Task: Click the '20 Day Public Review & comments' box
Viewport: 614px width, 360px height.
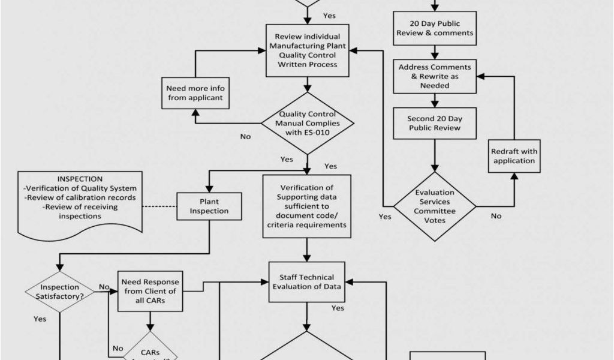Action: coord(435,28)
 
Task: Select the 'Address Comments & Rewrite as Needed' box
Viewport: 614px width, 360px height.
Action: coord(435,76)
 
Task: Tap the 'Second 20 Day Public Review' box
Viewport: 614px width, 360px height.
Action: coord(434,123)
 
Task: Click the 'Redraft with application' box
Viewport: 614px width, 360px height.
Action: coord(514,155)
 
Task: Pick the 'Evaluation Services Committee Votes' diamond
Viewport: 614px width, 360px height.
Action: coord(435,206)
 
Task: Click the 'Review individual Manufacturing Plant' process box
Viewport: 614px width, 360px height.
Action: coord(307,50)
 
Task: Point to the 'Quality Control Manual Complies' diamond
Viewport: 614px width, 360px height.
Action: coord(307,123)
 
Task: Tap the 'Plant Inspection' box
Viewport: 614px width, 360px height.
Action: coord(209,206)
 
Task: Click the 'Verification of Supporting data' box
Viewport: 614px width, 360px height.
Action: coord(307,206)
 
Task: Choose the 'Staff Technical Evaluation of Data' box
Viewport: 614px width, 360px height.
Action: coord(307,281)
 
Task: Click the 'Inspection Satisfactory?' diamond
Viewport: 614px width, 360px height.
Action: coord(59,292)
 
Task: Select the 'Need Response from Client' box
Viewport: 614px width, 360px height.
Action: coord(150,291)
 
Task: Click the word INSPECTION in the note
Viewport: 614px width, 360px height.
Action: coord(80,179)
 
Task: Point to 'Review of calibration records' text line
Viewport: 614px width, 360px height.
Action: coord(80,197)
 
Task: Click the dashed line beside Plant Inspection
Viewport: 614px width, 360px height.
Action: coord(159,206)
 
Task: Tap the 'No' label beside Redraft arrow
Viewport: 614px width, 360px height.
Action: coord(496,216)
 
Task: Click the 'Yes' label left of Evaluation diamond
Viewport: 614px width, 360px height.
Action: coord(385,216)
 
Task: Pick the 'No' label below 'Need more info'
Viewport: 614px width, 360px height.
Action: coord(245,136)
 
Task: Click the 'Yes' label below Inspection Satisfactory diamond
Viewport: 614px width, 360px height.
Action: coord(40,319)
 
